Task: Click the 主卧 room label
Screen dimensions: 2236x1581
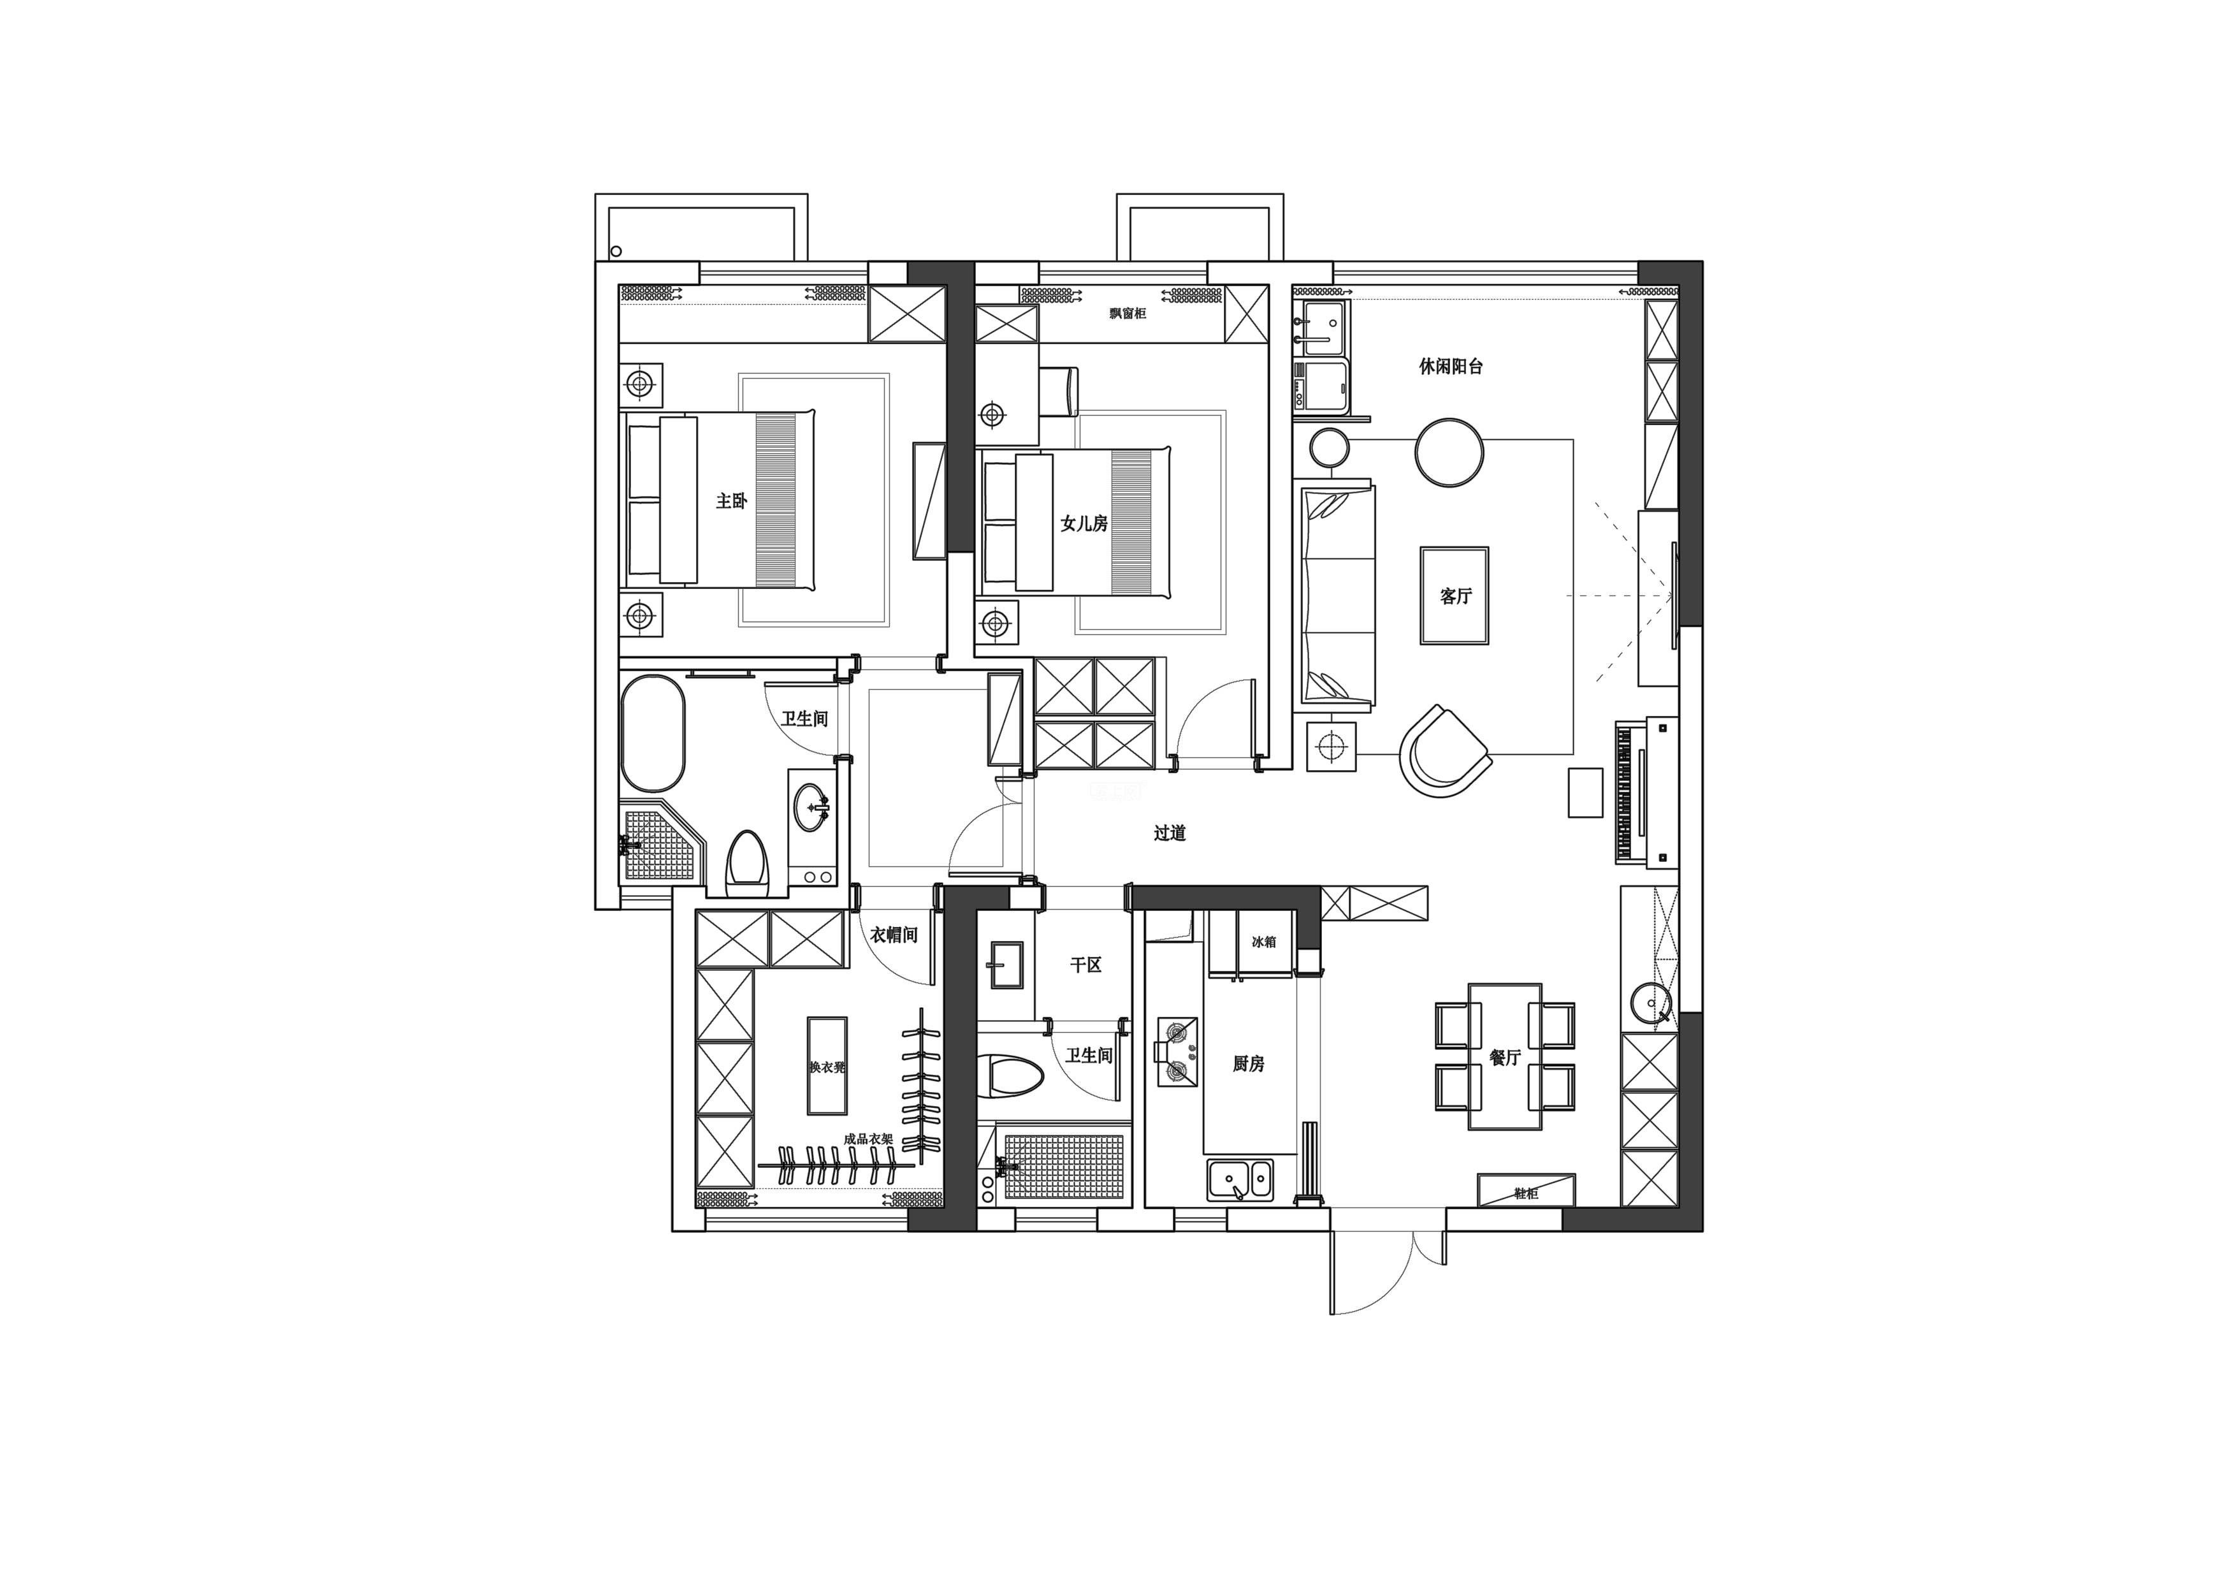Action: click(x=731, y=500)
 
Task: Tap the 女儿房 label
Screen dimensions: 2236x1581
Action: click(x=1084, y=524)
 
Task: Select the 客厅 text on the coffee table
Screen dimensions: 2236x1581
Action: click(x=1455, y=596)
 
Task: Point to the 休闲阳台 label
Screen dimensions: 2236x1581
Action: click(x=1451, y=367)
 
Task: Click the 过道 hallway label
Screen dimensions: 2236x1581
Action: click(x=1170, y=833)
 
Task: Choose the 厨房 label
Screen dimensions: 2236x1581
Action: click(x=1249, y=1064)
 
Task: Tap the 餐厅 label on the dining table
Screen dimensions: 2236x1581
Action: click(x=1505, y=1057)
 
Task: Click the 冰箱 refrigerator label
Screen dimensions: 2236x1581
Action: click(x=1263, y=942)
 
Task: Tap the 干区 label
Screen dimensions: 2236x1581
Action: click(x=1086, y=965)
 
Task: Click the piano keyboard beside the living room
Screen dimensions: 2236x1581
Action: click(x=1623, y=791)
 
